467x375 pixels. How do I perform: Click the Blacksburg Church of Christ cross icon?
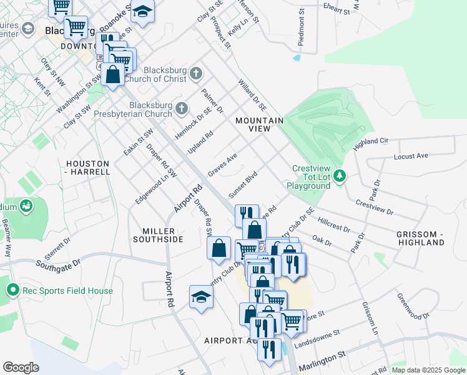(x=196, y=74)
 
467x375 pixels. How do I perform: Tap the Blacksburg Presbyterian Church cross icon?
(x=182, y=109)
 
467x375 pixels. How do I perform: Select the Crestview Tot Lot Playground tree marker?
(x=340, y=176)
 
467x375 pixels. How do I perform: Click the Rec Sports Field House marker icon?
(x=12, y=290)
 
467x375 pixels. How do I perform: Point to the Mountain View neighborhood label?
(x=259, y=124)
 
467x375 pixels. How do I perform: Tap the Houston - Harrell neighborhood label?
(x=88, y=167)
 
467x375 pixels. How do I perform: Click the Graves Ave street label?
(x=223, y=165)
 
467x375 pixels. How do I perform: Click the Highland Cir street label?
(x=371, y=143)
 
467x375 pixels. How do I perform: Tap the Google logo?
(x=21, y=367)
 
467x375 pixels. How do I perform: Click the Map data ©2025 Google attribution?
(x=429, y=370)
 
